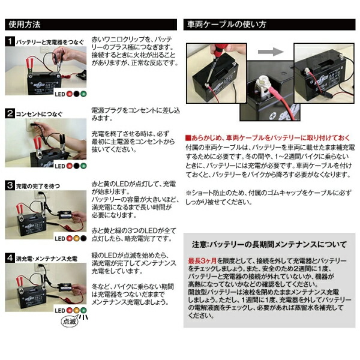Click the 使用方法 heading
[25, 25]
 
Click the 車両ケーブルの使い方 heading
[228, 25]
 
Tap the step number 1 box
[10, 42]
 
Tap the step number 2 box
[10, 113]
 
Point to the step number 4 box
[10, 257]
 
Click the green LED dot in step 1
[82, 94]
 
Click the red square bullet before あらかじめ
[188, 137]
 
